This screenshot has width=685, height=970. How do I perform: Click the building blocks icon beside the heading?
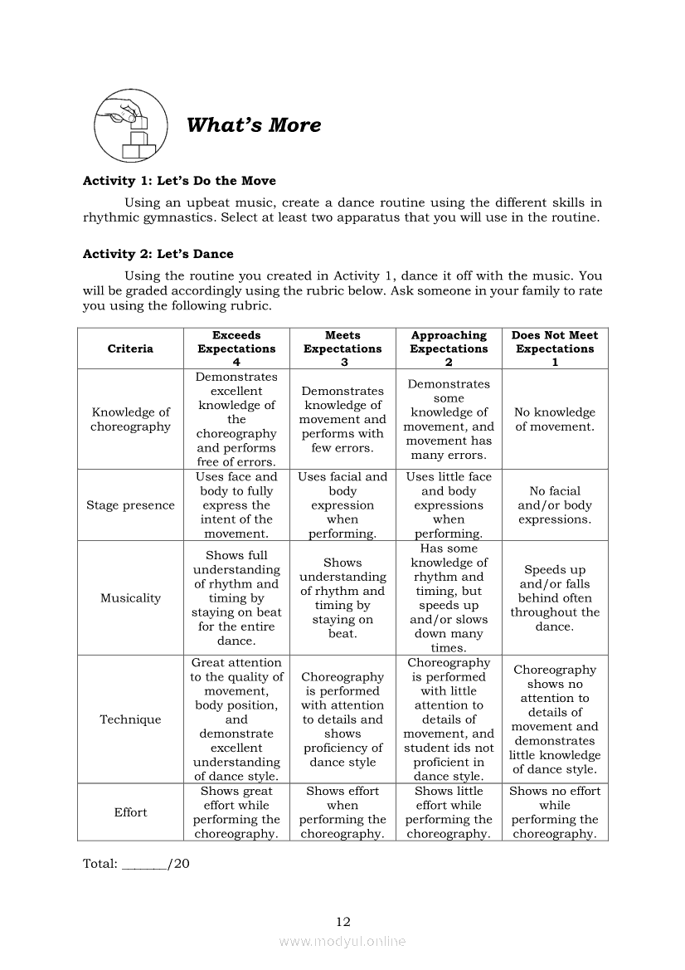[x=129, y=126]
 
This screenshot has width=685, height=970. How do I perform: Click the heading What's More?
[x=253, y=125]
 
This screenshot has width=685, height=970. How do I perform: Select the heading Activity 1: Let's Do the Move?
[x=179, y=181]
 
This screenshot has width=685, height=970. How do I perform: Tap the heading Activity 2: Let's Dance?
[x=158, y=254]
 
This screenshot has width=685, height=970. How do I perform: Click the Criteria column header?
[x=130, y=349]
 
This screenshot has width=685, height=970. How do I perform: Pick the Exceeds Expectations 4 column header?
[x=236, y=349]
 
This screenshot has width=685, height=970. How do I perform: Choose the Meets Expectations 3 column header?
[x=342, y=349]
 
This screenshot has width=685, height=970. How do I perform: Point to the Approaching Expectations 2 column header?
[x=449, y=349]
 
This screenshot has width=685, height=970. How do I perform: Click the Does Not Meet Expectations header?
[x=555, y=349]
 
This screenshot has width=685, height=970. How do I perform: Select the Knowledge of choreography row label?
[x=130, y=419]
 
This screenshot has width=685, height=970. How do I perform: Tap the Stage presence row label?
[x=130, y=505]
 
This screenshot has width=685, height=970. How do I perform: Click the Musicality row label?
[x=130, y=598]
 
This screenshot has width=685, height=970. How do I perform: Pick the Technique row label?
[x=130, y=719]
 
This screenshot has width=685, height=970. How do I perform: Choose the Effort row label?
[x=130, y=812]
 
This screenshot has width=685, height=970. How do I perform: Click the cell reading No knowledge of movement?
[x=555, y=419]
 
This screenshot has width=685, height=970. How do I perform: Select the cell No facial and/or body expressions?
[x=555, y=505]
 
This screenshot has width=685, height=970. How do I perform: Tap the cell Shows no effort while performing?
[x=555, y=812]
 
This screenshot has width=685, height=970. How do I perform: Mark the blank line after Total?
[x=144, y=865]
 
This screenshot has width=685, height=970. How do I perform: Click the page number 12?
[x=343, y=921]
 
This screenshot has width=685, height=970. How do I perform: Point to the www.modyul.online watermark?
[x=342, y=941]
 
